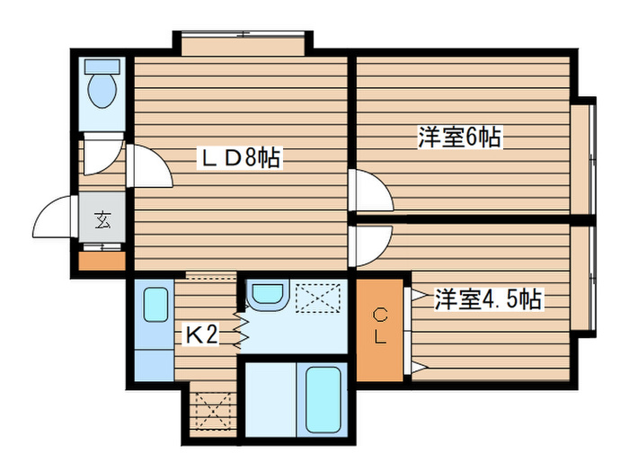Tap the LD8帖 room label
[239, 159]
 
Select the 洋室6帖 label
[458, 138]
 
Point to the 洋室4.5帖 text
[489, 298]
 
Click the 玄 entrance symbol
[103, 219]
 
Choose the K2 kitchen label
[202, 335]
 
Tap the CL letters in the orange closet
[380, 326]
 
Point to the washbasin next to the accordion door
[265, 295]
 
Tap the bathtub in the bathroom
[322, 398]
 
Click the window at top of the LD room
[243, 43]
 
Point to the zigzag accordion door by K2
[241, 328]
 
